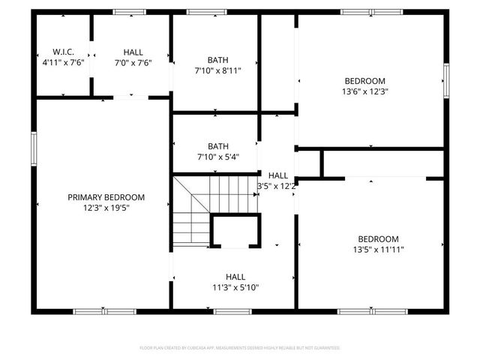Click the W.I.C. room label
tap(63, 52)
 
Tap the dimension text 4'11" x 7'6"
tap(63, 62)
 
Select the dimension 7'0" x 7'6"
tap(133, 62)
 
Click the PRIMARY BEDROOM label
tap(106, 197)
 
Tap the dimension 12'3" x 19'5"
tap(106, 208)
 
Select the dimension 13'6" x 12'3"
tap(365, 91)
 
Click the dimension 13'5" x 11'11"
tap(377, 250)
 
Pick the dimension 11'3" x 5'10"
tap(235, 286)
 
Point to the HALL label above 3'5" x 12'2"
tap(277, 175)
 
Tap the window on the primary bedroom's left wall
tap(33, 147)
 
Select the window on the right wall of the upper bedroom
tap(446, 79)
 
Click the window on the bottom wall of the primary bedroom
tap(104, 310)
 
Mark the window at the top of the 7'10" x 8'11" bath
tap(207, 12)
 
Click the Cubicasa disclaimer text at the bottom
tap(240, 348)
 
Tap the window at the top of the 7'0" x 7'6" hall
tap(129, 12)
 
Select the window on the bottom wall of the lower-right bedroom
tap(373, 310)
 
